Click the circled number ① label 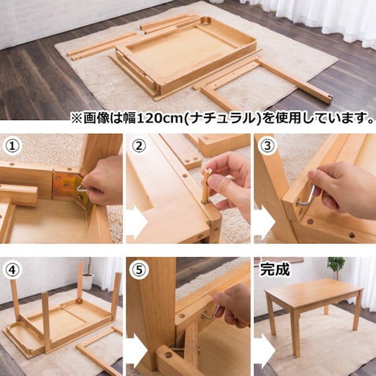[x=13, y=146]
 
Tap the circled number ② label [x=139, y=146]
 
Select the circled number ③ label [x=267, y=146]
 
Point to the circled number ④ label [x=13, y=270]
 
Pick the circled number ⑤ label [x=139, y=270]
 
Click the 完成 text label [x=275, y=270]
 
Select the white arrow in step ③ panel [x=265, y=222]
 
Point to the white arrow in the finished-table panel [x=265, y=350]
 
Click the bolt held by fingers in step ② [x=206, y=186]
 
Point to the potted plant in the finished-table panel [x=336, y=266]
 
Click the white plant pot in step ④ [x=88, y=282]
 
